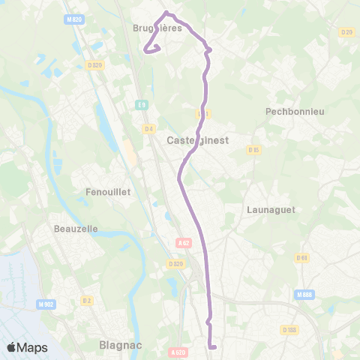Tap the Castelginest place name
pyautogui.click(x=197, y=140)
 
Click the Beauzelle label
pyautogui.click(x=76, y=228)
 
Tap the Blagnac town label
pyautogui.click(x=120, y=346)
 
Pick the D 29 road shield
pyautogui.click(x=346, y=32)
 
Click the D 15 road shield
pyautogui.click(x=253, y=150)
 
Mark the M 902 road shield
pyautogui.click(x=45, y=304)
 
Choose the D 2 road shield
pyautogui.click(x=87, y=301)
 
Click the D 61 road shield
pyautogui.click(x=302, y=258)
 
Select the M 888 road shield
pyautogui.click(x=304, y=294)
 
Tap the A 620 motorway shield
pyautogui.click(x=177, y=351)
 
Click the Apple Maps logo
pyautogui.click(x=28, y=347)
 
